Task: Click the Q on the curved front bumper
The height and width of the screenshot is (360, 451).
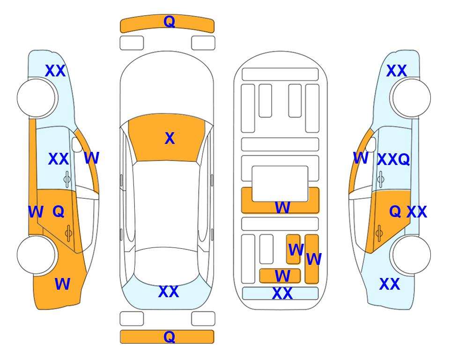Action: coord(169,22)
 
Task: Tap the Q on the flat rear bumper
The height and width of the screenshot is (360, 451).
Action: coord(169,337)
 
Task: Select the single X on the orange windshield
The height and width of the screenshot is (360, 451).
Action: coord(170,138)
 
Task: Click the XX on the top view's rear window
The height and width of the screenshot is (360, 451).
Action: coord(169,292)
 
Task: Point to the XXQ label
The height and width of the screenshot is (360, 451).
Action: coord(393,159)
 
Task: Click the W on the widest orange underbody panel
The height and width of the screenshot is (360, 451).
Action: coord(282,207)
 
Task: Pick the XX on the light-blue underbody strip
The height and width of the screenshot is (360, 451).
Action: coord(282,293)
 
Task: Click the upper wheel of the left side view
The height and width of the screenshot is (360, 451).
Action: coord(37,98)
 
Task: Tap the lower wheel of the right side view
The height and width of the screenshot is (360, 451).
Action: coord(411,255)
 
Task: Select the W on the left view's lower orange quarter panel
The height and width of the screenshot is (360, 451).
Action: coord(62,284)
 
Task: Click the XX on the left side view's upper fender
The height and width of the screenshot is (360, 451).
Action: coord(55,71)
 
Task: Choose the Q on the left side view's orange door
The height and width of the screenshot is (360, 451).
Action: coord(59,212)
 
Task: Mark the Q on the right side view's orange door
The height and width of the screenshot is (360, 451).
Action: coord(395,212)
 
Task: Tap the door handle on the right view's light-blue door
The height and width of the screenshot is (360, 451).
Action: coord(381,178)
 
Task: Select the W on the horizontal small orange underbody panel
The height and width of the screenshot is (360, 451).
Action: coord(282,276)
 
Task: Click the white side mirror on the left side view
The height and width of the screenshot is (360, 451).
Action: coord(77,144)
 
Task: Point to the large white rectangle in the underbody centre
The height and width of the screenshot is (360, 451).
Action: coord(280,183)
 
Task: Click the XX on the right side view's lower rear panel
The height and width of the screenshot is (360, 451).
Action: coord(390,284)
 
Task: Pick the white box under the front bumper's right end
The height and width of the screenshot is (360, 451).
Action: coord(203,43)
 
